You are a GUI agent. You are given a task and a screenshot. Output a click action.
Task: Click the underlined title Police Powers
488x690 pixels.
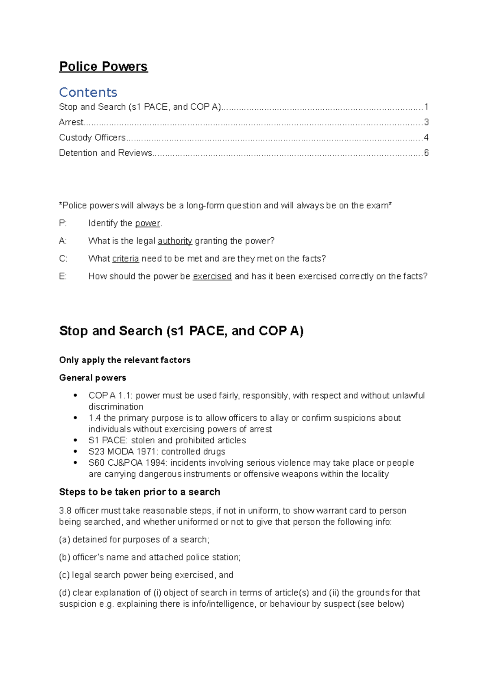[x=103, y=67]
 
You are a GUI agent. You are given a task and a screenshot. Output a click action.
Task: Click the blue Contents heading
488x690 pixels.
[x=88, y=92]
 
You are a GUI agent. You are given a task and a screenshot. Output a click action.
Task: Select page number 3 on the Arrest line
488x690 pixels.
[x=426, y=122]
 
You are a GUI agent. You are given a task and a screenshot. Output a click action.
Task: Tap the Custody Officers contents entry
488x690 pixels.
[x=92, y=138]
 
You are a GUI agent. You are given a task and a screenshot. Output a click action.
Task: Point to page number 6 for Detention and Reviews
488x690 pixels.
[x=426, y=153]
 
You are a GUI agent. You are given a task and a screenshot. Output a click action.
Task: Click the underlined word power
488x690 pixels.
[x=148, y=223]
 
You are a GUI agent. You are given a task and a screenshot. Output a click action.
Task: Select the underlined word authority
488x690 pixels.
[x=175, y=241]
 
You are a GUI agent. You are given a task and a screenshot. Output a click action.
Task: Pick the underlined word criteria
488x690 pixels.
[x=126, y=259]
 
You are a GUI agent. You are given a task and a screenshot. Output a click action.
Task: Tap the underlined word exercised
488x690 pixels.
[x=212, y=277]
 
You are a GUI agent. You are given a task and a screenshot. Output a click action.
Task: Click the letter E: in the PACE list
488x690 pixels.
[x=63, y=277]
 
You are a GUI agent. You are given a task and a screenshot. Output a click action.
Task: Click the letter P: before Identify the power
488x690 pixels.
[x=63, y=223]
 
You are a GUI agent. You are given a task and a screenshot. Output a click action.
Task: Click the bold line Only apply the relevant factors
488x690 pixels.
[x=124, y=360]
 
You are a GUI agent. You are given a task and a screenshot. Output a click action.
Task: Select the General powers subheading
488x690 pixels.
[x=92, y=378]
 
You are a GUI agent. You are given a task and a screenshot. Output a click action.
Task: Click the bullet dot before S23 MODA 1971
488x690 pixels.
[x=75, y=451]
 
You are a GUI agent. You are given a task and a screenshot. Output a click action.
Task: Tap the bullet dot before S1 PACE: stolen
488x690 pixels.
[x=75, y=440]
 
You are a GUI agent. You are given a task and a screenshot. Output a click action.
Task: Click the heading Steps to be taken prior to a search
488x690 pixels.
[x=139, y=492]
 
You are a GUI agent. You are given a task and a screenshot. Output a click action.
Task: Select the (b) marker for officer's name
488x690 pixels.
[x=65, y=558]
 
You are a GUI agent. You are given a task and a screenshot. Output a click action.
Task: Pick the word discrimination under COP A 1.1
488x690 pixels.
[x=116, y=407]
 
